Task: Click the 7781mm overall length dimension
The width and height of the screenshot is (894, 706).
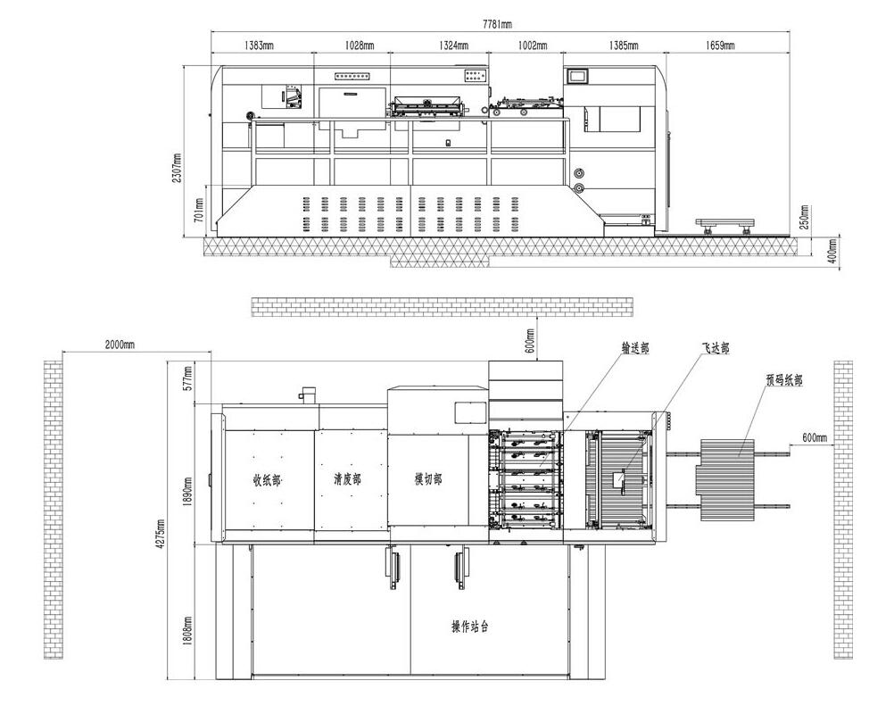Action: pos(497,24)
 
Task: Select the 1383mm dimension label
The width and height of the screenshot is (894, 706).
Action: pos(260,45)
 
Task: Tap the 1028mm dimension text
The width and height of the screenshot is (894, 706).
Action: pos(360,45)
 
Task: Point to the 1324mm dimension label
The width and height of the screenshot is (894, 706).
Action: pos(454,45)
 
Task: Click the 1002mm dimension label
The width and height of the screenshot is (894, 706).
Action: pos(533,45)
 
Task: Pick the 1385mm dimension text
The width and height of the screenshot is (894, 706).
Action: pos(624,45)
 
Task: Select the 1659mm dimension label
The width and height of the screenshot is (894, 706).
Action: pos(720,45)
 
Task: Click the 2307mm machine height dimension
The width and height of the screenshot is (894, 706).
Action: pos(177,168)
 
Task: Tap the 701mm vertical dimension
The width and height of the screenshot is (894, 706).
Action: pos(198,210)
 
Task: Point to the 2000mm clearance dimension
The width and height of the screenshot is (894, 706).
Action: pos(120,345)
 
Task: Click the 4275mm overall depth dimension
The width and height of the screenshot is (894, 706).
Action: pos(161,534)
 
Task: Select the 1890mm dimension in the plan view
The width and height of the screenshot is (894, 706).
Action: pos(188,492)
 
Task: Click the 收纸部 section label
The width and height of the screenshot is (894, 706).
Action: pos(267,480)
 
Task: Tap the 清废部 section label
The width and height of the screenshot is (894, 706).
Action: pos(347,479)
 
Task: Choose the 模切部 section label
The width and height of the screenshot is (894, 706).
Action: pos(427,479)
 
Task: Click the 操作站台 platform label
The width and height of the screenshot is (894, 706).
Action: pos(470,627)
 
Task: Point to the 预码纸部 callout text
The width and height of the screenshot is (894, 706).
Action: pos(784,380)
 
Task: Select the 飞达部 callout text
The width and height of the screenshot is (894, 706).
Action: pos(715,348)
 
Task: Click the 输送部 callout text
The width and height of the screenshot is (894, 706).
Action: pos(634,348)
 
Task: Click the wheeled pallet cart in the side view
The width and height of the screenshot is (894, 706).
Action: pos(725,225)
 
